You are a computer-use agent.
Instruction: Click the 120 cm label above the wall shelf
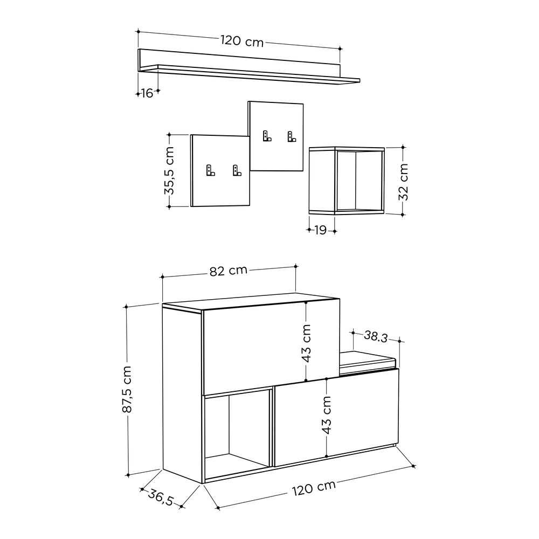(242, 42)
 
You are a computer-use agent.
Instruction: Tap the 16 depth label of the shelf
(147, 93)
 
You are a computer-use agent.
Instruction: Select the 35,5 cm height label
(169, 171)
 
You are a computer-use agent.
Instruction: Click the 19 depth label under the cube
(320, 230)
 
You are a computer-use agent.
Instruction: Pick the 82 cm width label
(228, 271)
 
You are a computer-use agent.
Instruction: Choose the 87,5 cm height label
(127, 389)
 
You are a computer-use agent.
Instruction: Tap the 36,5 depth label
(161, 497)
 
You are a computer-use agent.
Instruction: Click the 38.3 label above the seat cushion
(376, 336)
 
